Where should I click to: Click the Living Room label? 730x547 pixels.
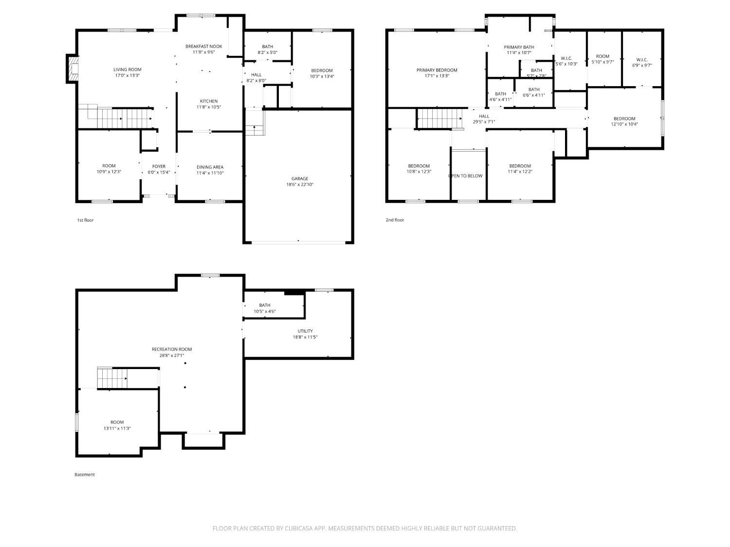127,70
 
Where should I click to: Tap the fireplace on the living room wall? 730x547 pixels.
72,69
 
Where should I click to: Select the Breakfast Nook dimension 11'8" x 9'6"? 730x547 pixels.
204,52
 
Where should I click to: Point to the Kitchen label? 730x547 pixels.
208,101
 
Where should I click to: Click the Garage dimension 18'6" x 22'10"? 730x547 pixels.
300,184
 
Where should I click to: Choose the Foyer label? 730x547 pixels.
159,166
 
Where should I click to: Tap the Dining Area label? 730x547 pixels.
210,167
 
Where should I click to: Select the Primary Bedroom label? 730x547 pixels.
437,70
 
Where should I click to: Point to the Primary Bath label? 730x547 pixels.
518,47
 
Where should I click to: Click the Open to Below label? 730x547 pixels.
465,176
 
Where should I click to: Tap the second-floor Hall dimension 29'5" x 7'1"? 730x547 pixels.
484,122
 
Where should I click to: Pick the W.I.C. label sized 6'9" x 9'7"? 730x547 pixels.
641,60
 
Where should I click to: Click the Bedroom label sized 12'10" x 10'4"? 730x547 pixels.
624,119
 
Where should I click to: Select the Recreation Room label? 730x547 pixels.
172,349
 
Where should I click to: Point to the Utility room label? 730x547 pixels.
305,331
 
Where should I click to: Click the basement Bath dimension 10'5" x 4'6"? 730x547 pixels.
264,311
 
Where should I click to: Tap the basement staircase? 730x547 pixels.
112,378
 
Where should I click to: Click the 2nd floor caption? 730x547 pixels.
395,220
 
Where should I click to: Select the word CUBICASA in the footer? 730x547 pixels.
298,528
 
